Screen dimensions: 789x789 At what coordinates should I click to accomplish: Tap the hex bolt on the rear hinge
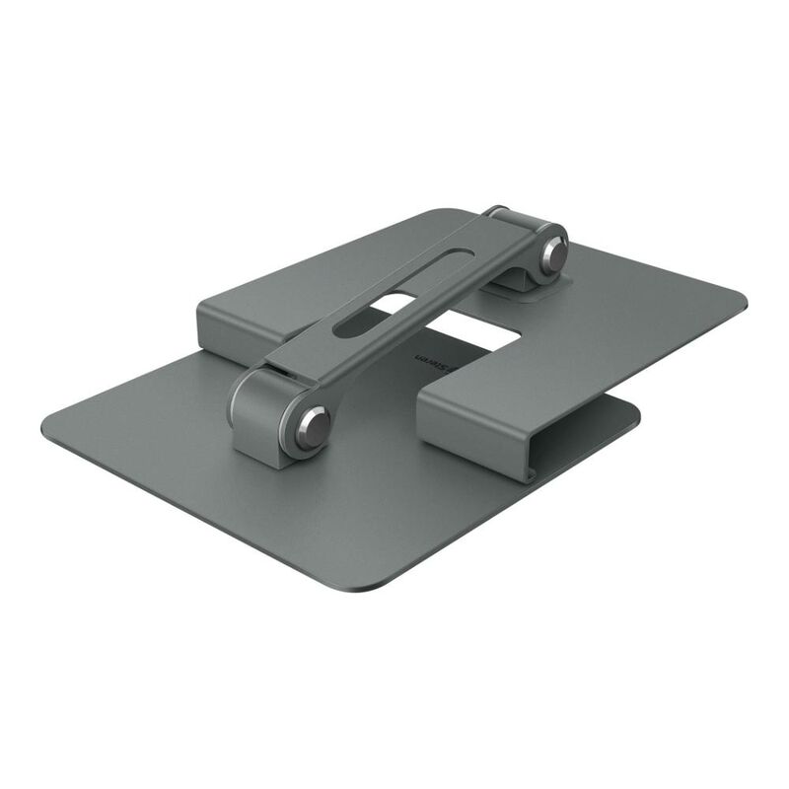pos(555,254)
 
